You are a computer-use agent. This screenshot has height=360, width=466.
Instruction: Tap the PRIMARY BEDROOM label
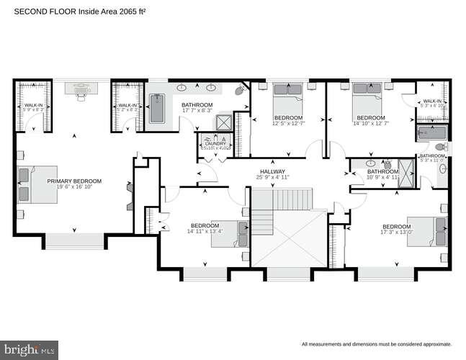click(74, 181)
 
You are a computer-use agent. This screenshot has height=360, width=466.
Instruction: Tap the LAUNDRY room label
click(215, 143)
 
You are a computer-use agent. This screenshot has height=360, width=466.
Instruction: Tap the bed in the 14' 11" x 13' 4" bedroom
click(230, 232)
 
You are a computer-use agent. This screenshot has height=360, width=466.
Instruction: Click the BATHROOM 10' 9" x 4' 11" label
click(382, 171)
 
